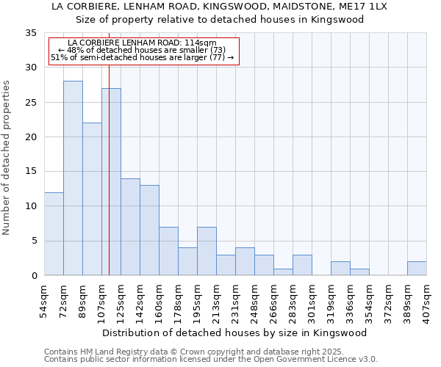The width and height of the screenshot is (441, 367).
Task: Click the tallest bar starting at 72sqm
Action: point(73,178)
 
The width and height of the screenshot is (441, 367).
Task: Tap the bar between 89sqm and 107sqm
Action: point(92,199)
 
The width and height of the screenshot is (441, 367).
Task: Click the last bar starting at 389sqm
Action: point(417,269)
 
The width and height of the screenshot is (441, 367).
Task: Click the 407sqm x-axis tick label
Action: point(427,302)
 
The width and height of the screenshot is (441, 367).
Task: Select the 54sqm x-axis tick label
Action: point(45,302)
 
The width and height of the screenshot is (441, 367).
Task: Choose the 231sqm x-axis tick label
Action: point(236,302)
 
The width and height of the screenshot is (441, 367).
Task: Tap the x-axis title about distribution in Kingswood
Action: point(235,333)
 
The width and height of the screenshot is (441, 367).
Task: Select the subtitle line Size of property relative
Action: point(220,20)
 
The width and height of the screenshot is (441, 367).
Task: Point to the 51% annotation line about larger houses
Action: point(142,57)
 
